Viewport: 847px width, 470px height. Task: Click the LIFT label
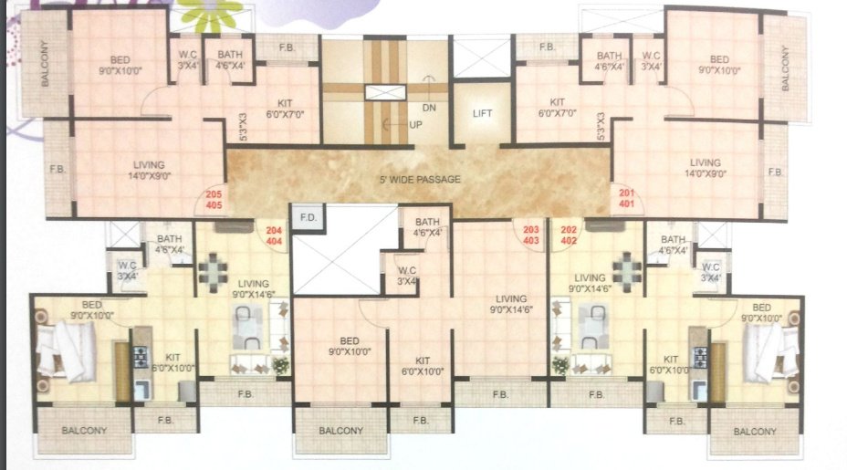click(x=483, y=114)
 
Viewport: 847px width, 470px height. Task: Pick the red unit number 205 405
click(x=214, y=200)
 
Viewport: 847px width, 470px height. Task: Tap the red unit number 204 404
click(x=274, y=235)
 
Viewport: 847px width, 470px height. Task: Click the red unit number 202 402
click(x=570, y=235)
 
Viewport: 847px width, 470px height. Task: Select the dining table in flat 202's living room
click(x=628, y=272)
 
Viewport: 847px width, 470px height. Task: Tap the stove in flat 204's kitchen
click(x=141, y=355)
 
